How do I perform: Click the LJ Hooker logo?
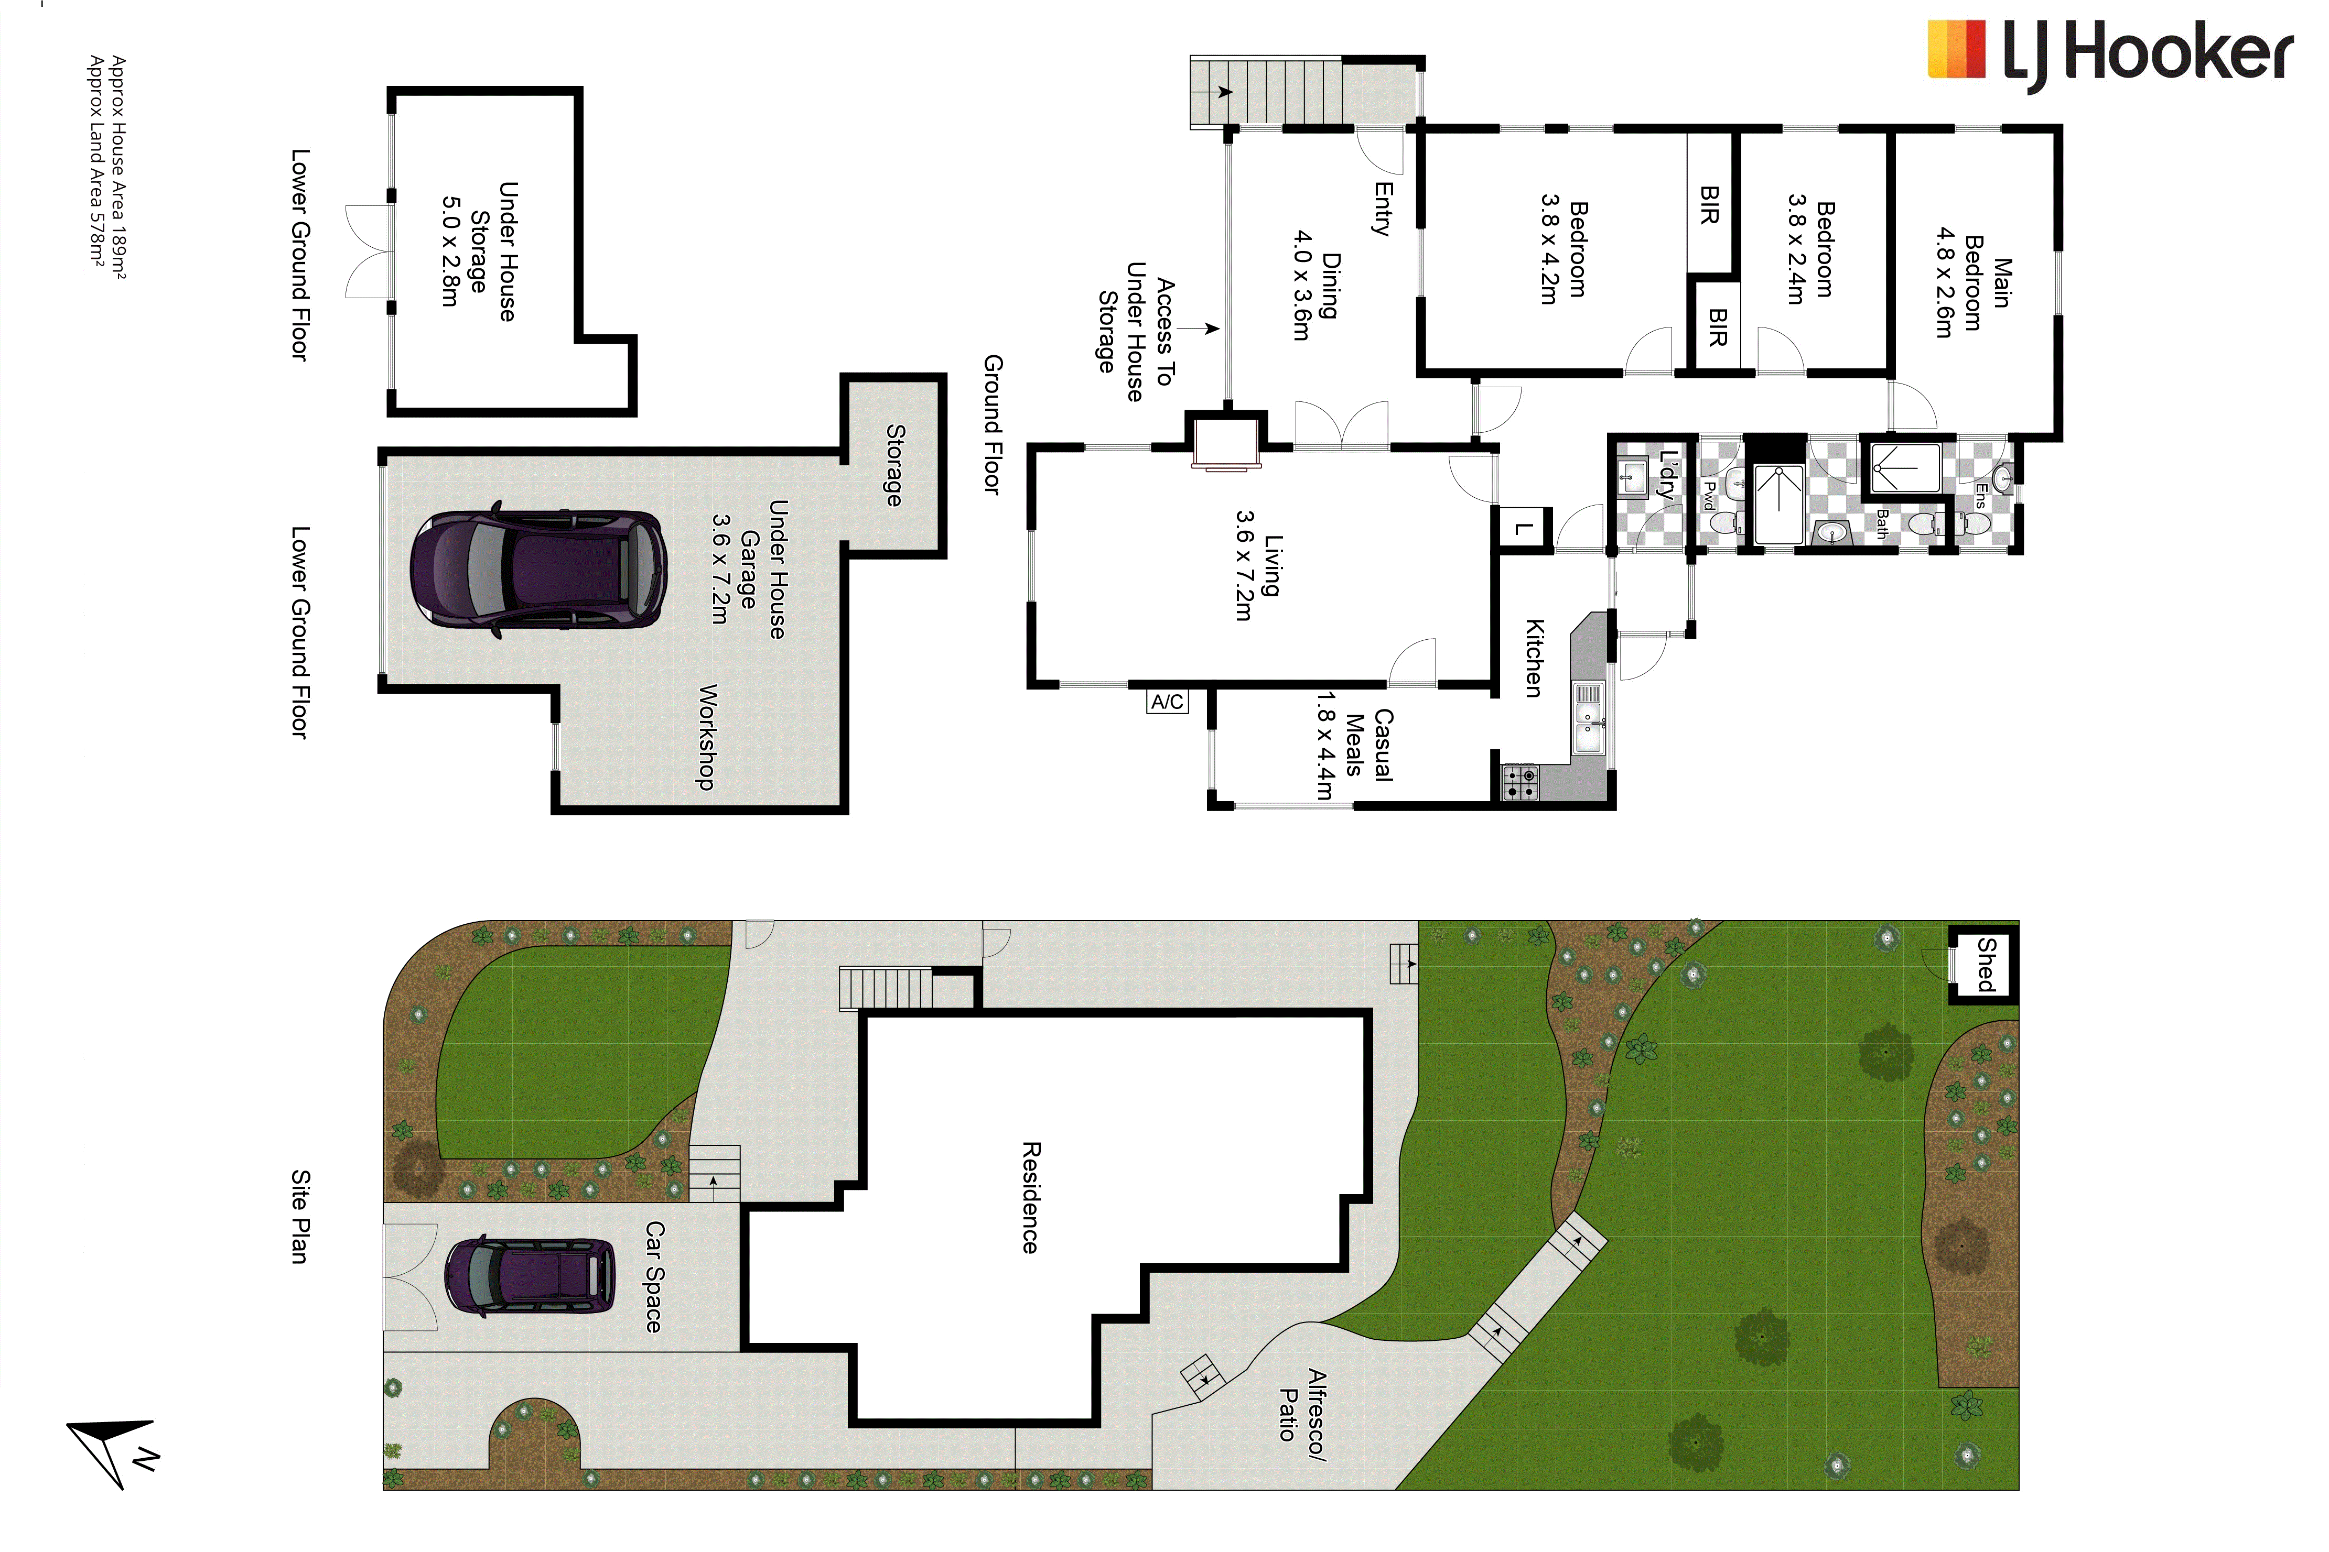pos(2109,54)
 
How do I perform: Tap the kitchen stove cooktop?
pos(1520,783)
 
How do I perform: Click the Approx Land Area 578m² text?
pos(97,160)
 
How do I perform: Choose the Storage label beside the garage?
pos(894,465)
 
